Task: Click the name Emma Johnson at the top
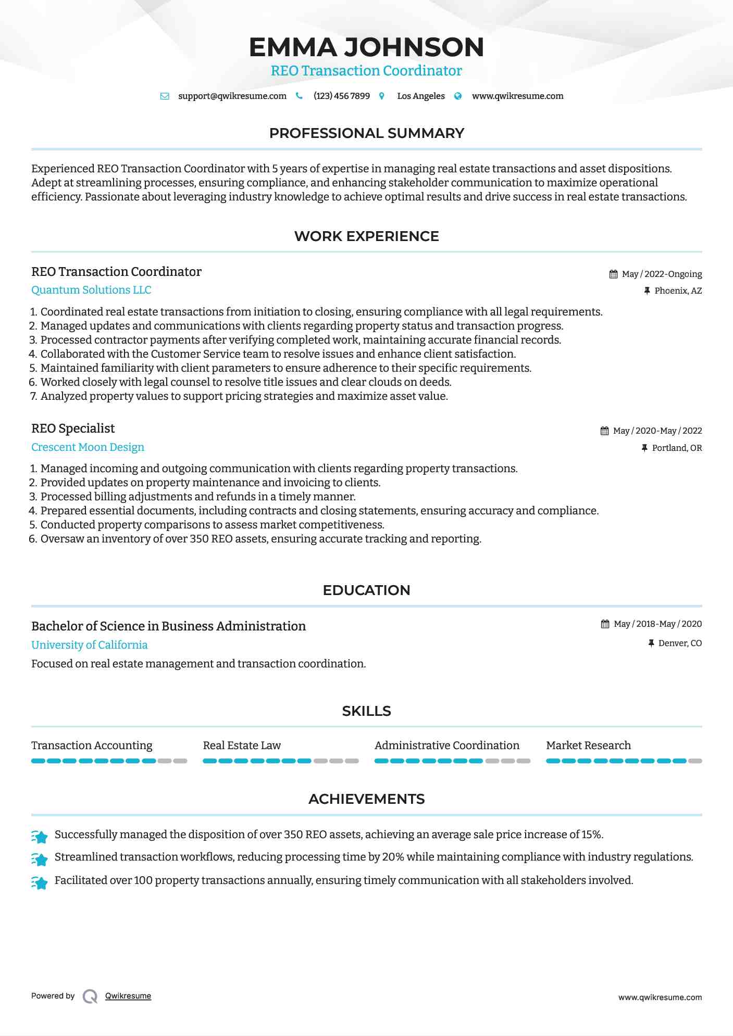pos(366,47)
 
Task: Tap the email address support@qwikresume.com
pos(232,96)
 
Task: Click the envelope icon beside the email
pos(165,96)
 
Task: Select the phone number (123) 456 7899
pos(341,96)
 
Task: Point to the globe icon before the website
pos(458,96)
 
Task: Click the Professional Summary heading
pos(366,133)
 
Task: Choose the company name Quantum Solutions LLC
pos(91,290)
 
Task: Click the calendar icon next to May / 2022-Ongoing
pos(613,274)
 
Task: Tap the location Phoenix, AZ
pos(678,290)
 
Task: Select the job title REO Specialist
pos(73,428)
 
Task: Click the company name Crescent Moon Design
pos(88,447)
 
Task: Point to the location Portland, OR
pos(677,448)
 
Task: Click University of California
pos(89,645)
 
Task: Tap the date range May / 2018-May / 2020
pos(657,624)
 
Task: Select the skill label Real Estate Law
pos(242,746)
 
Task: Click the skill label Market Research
pos(588,746)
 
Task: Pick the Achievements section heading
pos(366,799)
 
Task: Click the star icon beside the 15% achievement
pos(40,836)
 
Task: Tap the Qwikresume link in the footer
pos(128,996)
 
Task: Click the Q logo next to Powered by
pos(90,996)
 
